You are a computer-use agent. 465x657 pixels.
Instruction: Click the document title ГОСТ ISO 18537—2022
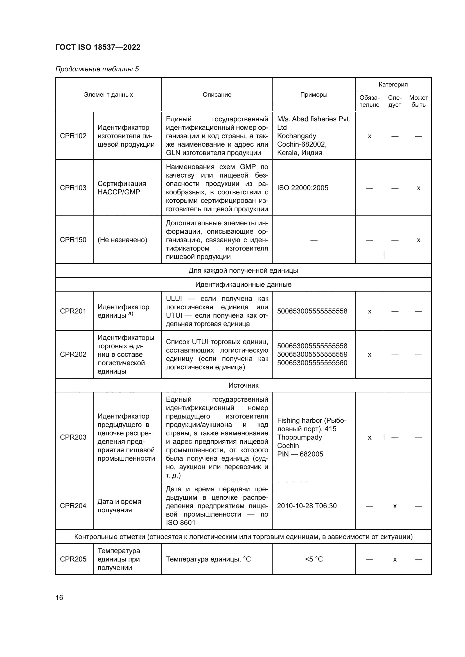[98, 47]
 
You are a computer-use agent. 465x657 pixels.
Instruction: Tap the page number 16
[59, 597]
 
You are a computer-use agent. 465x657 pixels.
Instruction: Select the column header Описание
[217, 94]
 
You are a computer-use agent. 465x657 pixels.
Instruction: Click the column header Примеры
[314, 94]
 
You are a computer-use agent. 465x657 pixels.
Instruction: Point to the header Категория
[393, 85]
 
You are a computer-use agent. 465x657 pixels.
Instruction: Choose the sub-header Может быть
[418, 101]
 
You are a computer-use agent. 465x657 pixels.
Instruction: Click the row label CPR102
[73, 136]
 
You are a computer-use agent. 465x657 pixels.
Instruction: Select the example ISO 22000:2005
[303, 188]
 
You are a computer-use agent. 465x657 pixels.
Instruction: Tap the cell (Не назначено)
[122, 240]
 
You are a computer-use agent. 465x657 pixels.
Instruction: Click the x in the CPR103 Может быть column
[418, 188]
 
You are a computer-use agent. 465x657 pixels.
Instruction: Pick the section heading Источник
[243, 385]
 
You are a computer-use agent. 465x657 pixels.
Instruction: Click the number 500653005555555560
[312, 363]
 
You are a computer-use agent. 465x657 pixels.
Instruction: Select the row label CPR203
[73, 437]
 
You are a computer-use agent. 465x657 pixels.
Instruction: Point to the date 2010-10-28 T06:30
[307, 506]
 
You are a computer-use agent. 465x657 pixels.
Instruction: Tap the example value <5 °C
[314, 559]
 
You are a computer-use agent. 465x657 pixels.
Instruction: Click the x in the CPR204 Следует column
[394, 506]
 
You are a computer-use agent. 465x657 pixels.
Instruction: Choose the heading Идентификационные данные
[243, 285]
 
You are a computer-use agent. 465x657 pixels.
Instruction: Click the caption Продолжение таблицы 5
[97, 69]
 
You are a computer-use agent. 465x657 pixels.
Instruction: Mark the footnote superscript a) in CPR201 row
[130, 313]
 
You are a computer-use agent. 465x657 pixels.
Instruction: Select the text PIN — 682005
[300, 454]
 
